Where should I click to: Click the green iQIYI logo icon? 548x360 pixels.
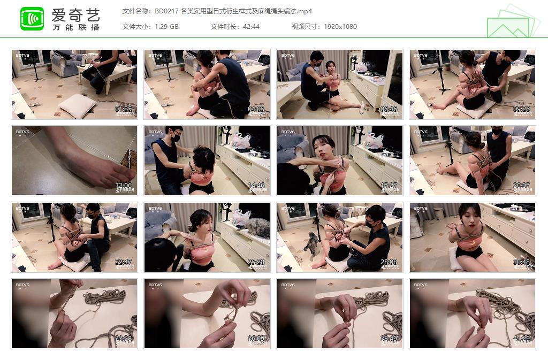tap(32, 19)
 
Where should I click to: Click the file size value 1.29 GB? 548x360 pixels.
tap(166, 27)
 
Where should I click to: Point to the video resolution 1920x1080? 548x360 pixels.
tap(340, 27)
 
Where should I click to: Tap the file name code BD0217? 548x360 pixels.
tap(166, 11)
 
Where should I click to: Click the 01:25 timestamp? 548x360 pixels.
tap(124, 109)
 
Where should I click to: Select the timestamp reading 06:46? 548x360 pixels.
tap(389, 109)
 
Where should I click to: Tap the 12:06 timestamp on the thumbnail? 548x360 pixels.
tap(124, 186)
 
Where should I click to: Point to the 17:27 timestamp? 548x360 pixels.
tap(389, 186)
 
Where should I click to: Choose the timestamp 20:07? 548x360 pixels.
tap(522, 186)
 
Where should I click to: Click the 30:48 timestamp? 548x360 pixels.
tap(522, 262)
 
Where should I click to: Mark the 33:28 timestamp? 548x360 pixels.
tap(124, 339)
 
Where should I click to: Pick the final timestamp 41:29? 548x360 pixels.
tap(522, 339)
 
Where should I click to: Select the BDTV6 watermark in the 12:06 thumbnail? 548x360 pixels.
tap(22, 132)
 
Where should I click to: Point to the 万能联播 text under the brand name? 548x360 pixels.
tap(76, 27)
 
